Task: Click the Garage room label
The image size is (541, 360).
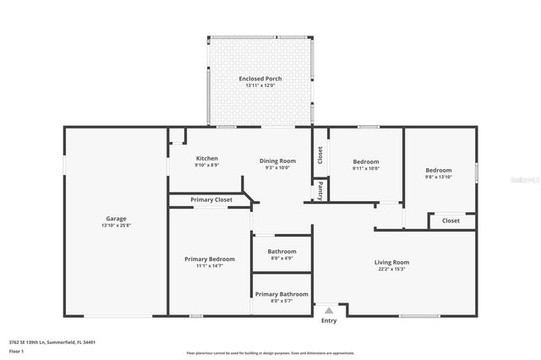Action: tap(116, 218)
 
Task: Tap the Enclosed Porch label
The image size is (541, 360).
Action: tap(260, 79)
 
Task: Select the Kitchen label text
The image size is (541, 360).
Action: tap(207, 158)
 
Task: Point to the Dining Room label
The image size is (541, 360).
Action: tap(277, 161)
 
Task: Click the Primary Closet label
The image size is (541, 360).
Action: tap(211, 199)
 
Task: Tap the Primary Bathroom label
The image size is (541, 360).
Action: tap(281, 294)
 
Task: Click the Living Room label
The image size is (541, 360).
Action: tap(391, 262)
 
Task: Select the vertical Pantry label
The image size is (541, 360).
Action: tap(320, 191)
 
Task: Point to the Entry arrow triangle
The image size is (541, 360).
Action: tap(329, 311)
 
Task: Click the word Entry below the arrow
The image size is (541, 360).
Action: tap(329, 320)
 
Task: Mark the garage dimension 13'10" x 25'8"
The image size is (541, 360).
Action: tap(116, 225)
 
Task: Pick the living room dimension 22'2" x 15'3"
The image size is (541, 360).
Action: tap(391, 269)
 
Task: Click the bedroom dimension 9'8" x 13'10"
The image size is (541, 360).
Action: tap(438, 177)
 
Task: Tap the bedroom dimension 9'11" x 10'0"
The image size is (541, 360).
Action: tap(366, 168)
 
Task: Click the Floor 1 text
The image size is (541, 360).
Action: tap(17, 350)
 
